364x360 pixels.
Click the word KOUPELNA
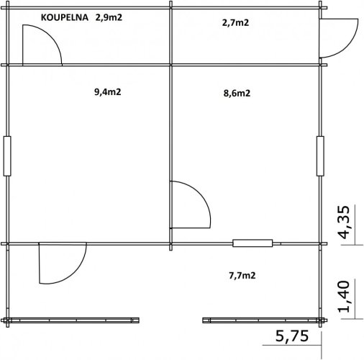tap(65, 17)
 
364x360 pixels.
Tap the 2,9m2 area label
tap(109, 17)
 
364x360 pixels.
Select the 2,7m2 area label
tap(235, 23)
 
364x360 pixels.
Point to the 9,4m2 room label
tap(108, 92)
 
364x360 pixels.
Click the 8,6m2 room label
tap(237, 93)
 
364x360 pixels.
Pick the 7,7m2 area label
tap(242, 276)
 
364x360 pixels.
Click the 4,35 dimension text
tap(345, 222)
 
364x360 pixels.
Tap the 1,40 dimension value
tap(345, 297)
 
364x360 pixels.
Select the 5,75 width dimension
tap(292, 336)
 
